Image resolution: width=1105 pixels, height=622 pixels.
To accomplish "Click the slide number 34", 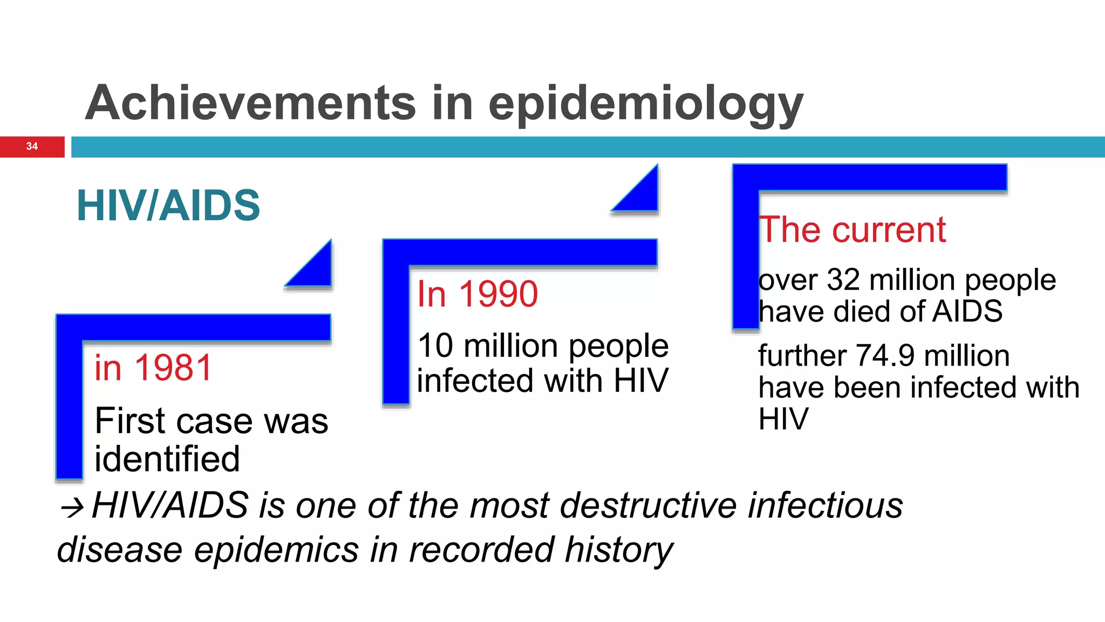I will coord(32,146).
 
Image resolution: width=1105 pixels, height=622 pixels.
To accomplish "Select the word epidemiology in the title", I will coord(645,105).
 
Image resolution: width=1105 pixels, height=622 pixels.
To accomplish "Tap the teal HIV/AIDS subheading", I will coord(168,205).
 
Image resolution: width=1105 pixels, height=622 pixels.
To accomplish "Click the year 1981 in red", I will coord(173,368).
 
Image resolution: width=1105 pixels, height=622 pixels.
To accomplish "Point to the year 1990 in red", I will coord(498,294).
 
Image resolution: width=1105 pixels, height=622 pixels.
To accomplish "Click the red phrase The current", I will coord(852,230).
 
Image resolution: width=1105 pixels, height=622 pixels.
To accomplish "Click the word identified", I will coord(167,459).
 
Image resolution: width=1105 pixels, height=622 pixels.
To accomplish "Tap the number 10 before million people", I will coord(435,346).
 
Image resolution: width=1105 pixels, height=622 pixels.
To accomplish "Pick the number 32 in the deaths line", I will coord(843,280).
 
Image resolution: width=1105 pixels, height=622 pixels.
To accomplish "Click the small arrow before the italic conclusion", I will coord(72,507).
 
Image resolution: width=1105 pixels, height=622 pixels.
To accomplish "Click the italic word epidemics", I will coord(276,550).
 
